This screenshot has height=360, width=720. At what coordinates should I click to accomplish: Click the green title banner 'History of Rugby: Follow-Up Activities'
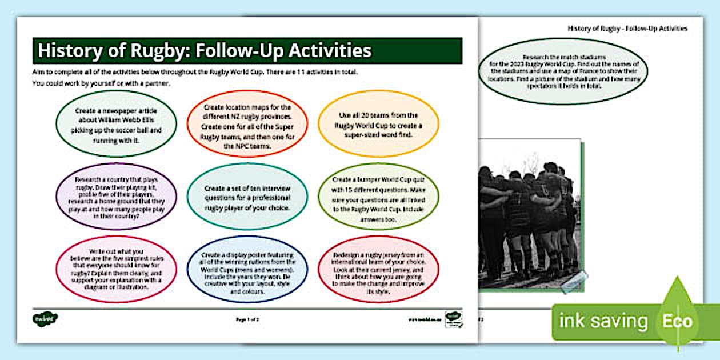click(247, 51)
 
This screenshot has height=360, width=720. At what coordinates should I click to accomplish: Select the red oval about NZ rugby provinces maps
click(247, 123)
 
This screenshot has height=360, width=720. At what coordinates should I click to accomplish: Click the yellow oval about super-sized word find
click(378, 123)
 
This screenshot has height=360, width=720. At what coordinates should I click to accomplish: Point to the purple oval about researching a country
click(116, 196)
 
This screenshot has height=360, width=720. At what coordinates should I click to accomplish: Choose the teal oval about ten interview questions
click(247, 196)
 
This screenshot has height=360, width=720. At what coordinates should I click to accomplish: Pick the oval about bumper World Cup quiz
click(378, 196)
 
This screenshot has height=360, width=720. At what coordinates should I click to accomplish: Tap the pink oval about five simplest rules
click(116, 269)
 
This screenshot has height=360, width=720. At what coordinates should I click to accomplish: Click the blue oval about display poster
click(247, 269)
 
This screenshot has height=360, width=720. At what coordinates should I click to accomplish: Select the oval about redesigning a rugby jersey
click(378, 269)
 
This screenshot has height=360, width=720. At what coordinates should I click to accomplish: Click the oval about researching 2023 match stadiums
click(563, 71)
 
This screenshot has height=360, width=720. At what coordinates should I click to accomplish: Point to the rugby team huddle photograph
click(529, 214)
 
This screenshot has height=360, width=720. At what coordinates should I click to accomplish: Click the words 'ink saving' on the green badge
click(603, 321)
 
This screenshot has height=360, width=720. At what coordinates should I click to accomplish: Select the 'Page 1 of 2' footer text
click(247, 319)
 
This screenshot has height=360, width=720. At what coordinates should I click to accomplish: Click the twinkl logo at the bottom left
click(46, 318)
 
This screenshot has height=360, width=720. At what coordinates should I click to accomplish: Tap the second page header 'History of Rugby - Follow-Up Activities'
click(627, 29)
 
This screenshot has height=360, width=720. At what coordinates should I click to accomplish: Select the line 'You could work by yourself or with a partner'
click(106, 83)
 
